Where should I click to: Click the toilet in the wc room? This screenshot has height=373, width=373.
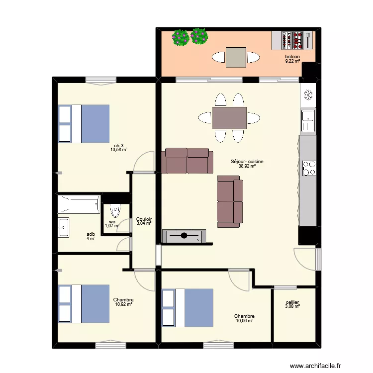116,211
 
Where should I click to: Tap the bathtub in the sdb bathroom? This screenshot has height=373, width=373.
80,204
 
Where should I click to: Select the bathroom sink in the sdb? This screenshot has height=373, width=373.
64,227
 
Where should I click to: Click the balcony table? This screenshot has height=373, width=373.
236,57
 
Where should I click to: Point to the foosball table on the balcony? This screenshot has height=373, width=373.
292,40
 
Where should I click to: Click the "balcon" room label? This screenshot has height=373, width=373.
292,57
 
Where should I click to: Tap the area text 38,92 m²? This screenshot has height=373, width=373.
247,166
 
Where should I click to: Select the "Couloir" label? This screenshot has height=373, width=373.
144,219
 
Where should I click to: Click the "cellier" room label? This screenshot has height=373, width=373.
292,302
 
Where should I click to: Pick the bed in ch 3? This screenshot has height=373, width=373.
84,123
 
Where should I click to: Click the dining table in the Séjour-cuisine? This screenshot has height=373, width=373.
229,118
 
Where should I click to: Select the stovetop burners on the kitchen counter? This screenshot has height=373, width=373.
309,167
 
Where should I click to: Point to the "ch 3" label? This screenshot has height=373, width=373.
119,145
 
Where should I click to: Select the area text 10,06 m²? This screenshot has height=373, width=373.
245,321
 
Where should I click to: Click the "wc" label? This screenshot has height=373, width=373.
112,222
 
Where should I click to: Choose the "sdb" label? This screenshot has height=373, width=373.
91,234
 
